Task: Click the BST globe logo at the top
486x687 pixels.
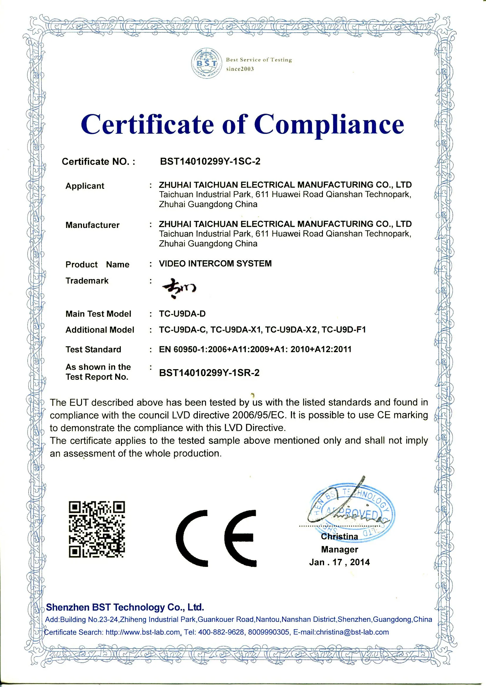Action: tap(207, 63)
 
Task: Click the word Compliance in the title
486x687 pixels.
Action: tap(329, 124)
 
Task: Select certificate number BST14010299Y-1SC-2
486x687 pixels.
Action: tap(210, 162)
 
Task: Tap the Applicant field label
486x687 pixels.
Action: tap(85, 186)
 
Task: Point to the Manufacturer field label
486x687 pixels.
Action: tap(92, 225)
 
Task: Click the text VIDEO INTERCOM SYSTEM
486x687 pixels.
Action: tap(215, 263)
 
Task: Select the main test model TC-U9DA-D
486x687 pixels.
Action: tap(182, 314)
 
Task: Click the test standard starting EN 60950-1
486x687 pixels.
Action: tap(255, 349)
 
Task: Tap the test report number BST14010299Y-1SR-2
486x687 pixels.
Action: tap(209, 373)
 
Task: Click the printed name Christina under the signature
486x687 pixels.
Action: tap(339, 537)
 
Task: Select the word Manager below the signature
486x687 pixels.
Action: tap(339, 549)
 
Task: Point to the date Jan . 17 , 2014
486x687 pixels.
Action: tap(339, 562)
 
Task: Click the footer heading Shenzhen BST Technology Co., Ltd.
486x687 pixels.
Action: tap(125, 607)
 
